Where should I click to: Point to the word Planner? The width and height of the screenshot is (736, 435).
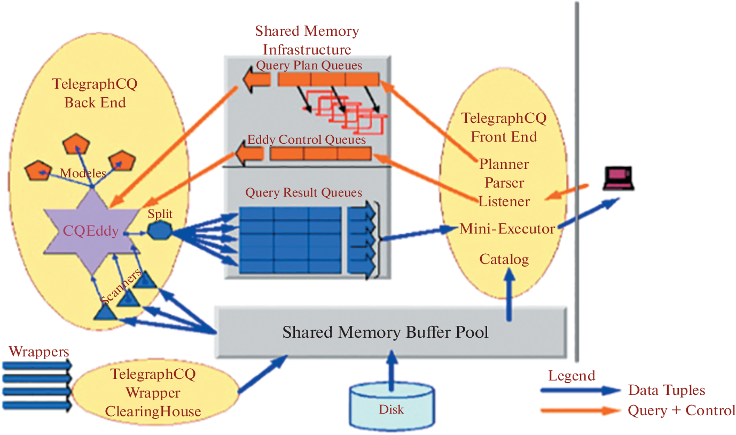504,164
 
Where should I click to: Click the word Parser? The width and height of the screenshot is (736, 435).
504,183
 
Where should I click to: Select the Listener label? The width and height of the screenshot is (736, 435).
504,202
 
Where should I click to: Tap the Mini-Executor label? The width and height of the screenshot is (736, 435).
507,229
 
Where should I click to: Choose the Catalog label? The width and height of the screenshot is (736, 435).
504,259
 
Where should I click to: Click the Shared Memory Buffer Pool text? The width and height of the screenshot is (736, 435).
385,332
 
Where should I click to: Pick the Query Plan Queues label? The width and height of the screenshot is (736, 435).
309,66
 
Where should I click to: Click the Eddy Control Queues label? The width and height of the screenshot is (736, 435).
307,140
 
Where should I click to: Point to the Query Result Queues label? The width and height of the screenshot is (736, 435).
303,192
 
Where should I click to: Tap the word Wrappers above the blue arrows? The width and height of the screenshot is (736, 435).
39,352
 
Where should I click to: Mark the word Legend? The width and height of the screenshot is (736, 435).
571,376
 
